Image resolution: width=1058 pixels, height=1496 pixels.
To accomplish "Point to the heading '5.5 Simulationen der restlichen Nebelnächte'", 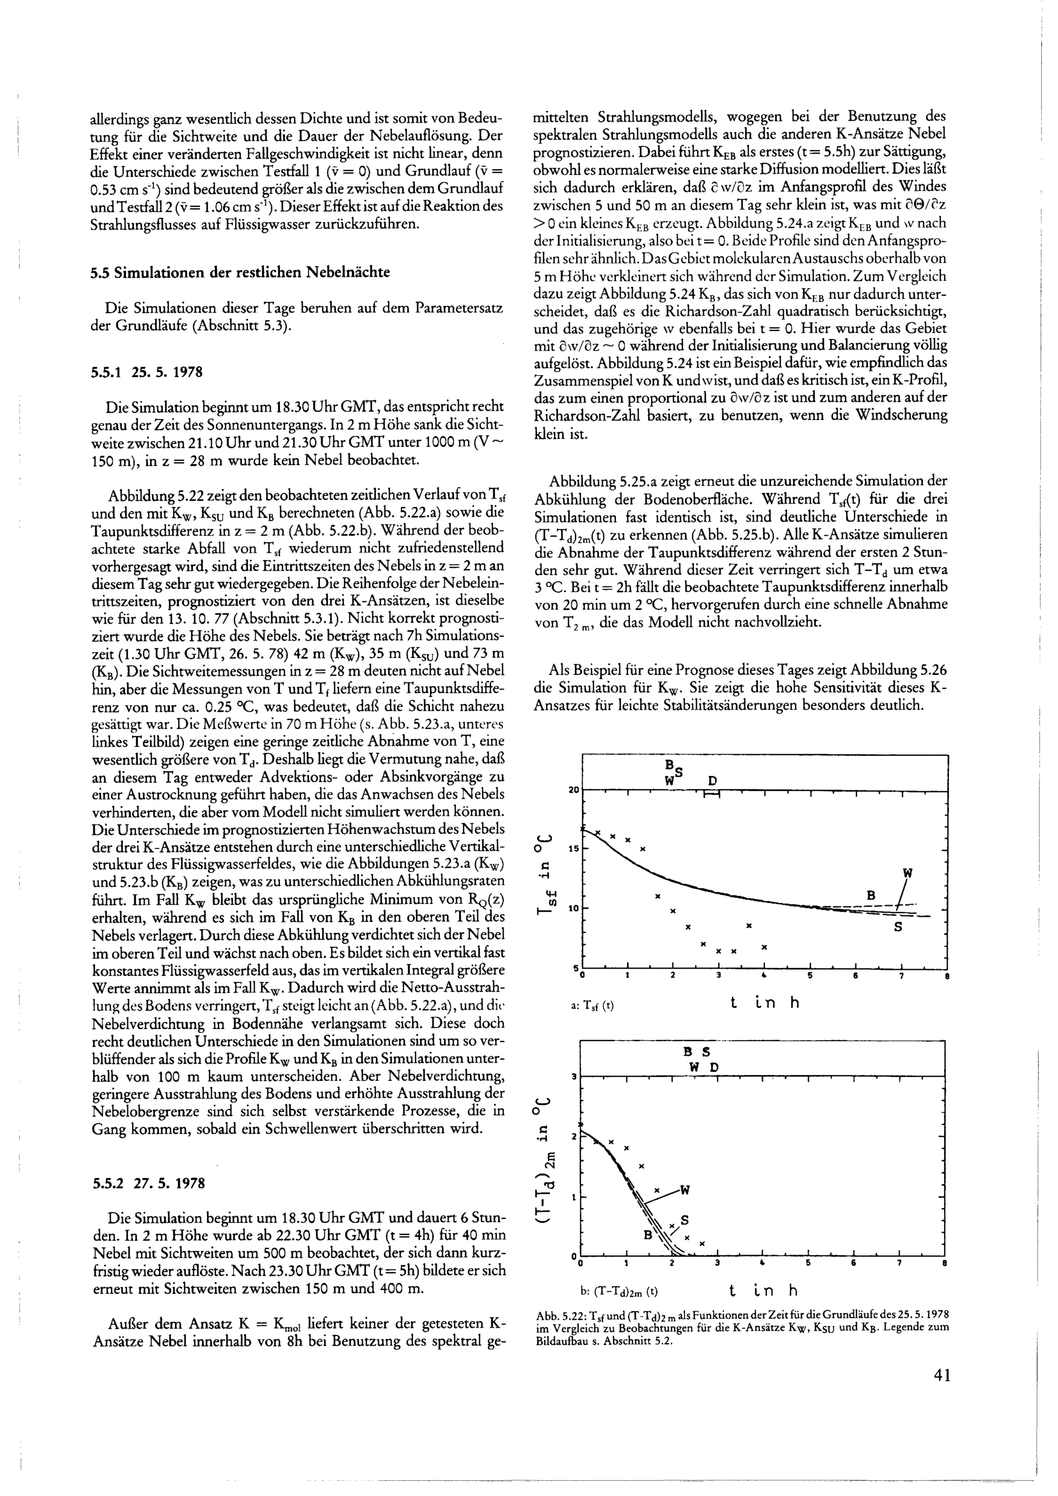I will tap(240, 272).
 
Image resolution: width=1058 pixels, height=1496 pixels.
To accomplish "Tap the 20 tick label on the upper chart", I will tap(574, 790).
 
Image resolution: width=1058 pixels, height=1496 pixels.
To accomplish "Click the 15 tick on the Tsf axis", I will tap(574, 850).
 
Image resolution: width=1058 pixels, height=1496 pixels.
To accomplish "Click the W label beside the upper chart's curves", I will tap(907, 872).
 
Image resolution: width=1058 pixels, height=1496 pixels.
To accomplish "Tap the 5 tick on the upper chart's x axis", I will tap(810, 977).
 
